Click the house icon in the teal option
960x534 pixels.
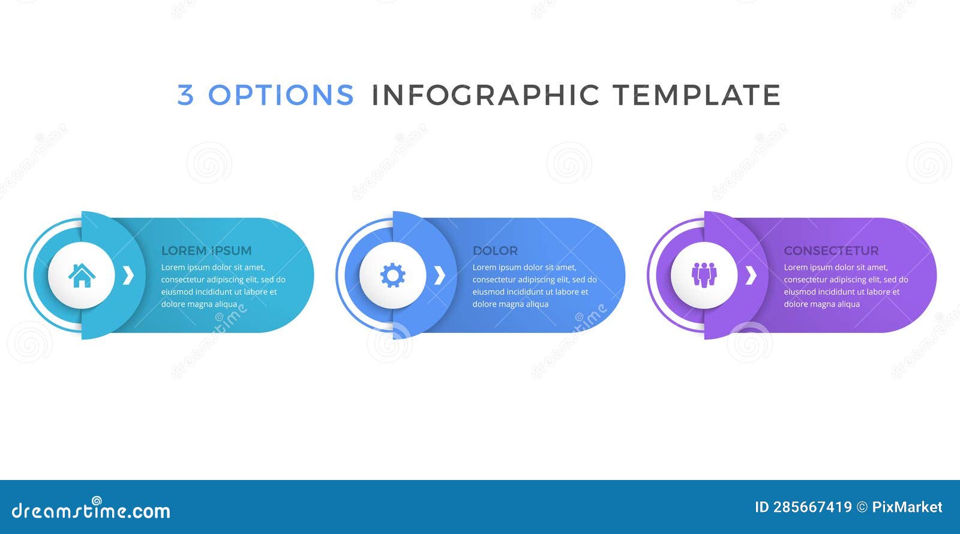pyautogui.click(x=82, y=275)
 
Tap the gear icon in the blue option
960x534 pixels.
pyautogui.click(x=393, y=275)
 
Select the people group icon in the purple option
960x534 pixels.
pyautogui.click(x=704, y=275)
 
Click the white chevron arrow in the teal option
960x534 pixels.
pyautogui.click(x=128, y=275)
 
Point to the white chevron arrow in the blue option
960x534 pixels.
pyautogui.click(x=439, y=275)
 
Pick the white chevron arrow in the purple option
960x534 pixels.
pyautogui.click(x=750, y=275)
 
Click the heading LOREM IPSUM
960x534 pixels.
pyautogui.click(x=206, y=251)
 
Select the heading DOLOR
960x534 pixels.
pyautogui.click(x=495, y=251)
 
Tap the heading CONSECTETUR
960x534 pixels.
pyautogui.click(x=831, y=251)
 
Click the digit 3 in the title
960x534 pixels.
pyautogui.click(x=185, y=95)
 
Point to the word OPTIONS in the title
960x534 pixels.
pyautogui.click(x=281, y=95)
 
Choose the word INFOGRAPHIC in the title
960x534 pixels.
pyautogui.click(x=485, y=95)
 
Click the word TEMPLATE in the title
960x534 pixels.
pyautogui.click(x=696, y=95)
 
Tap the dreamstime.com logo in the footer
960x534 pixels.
pyautogui.click(x=91, y=510)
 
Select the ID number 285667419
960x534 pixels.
pyautogui.click(x=812, y=508)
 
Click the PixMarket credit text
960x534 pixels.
pyautogui.click(x=907, y=508)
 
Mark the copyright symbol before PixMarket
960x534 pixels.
pyautogui.click(x=862, y=508)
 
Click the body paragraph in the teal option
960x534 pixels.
pyautogui.click(x=223, y=286)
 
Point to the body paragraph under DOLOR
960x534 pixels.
pyautogui.click(x=534, y=286)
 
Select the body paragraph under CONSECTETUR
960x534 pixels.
pyautogui.click(x=845, y=286)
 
